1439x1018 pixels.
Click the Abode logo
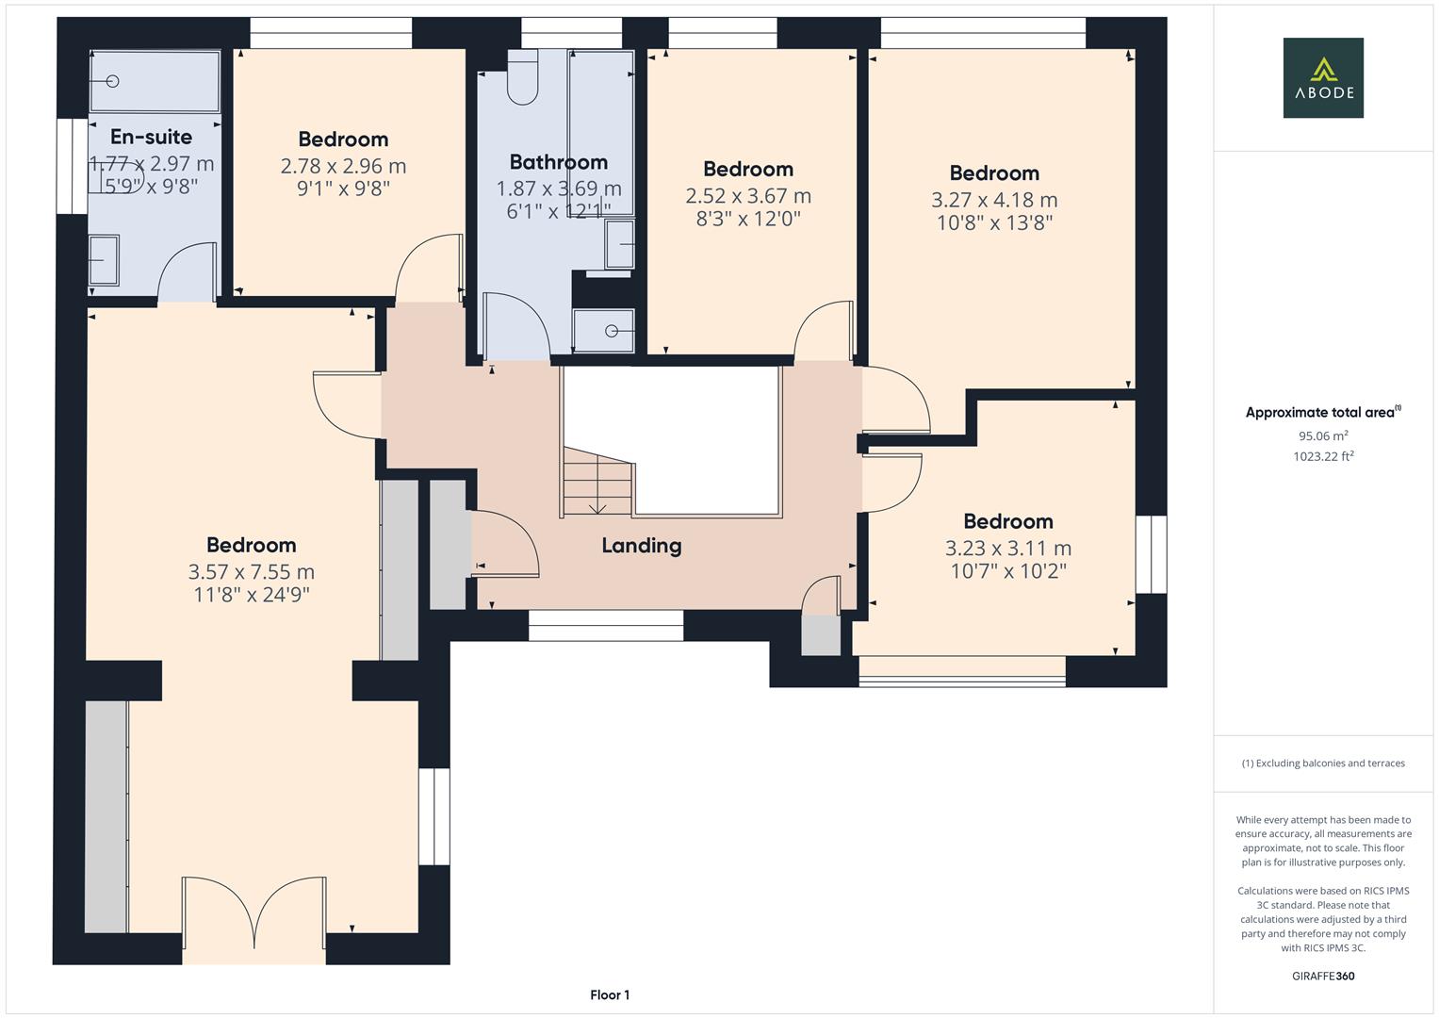1322,77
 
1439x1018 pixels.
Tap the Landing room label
641,545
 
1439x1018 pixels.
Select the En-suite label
151,137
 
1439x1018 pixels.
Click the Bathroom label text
558,162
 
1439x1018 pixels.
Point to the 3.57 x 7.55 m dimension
251,571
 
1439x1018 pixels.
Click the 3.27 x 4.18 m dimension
994,200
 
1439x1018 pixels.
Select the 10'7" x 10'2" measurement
1007,570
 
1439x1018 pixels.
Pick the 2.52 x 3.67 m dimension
748,196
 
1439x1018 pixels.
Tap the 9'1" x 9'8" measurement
343,189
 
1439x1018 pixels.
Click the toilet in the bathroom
522,77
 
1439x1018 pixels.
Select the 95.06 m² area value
1323,435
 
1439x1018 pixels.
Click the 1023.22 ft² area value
1323,456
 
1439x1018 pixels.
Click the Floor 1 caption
610,994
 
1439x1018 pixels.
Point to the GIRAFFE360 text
1322,976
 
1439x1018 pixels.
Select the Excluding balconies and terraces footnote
1322,763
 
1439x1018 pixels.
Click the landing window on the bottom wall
605,626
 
